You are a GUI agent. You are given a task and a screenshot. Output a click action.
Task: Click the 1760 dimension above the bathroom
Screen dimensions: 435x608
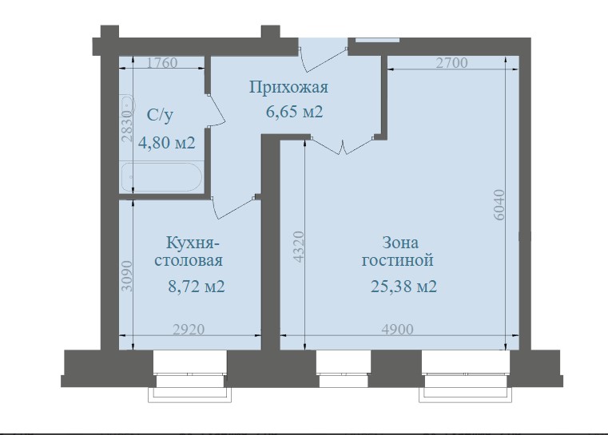pos(162,65)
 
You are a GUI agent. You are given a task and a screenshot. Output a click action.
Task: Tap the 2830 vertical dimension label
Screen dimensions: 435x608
pos(126,126)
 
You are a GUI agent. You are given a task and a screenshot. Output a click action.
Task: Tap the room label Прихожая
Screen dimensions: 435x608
pos(288,87)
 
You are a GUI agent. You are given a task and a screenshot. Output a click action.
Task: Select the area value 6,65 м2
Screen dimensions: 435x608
pos(294,112)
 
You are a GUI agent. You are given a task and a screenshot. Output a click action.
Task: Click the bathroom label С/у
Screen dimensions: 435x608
pos(160,117)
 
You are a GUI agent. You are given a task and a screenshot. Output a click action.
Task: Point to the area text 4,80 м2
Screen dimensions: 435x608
pos(167,143)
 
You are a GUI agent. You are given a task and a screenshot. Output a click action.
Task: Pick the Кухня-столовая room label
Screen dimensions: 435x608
pos(193,251)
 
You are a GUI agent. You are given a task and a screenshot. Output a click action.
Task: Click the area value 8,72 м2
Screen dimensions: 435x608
pos(196,286)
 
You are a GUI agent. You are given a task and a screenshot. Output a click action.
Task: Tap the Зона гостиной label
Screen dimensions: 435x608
pos(397,251)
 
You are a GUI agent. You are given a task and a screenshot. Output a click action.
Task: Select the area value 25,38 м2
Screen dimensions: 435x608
pos(403,286)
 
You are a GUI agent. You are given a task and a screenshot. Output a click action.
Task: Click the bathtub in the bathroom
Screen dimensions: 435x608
pos(162,176)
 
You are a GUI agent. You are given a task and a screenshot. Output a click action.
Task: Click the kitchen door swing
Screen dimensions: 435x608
pos(234,205)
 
